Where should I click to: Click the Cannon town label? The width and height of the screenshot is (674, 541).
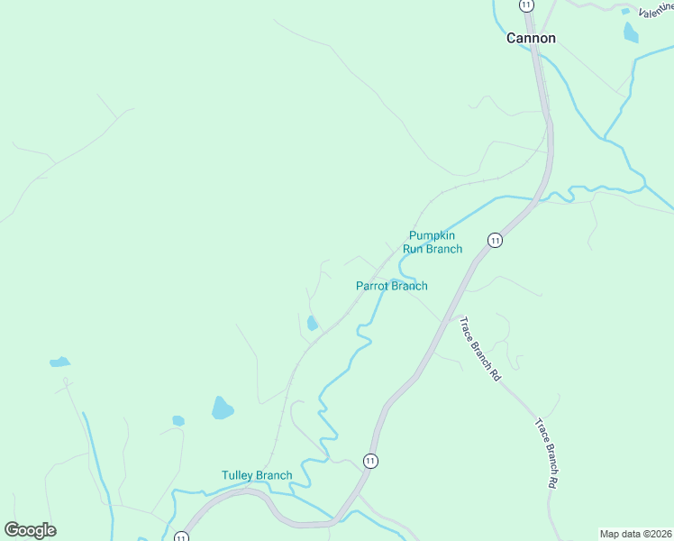(x=531, y=38)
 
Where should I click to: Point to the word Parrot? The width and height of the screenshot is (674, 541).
(x=372, y=286)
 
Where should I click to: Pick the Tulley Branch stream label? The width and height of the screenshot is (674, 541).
(x=257, y=475)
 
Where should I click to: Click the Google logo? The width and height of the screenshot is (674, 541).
(x=30, y=530)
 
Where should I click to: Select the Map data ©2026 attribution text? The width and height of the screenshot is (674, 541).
(x=636, y=534)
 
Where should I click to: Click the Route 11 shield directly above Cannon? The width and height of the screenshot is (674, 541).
(x=525, y=5)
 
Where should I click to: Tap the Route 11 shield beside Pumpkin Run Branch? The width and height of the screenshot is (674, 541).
(x=495, y=240)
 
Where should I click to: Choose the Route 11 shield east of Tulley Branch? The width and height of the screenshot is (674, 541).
(x=370, y=461)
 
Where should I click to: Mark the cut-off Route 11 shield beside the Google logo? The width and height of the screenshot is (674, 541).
(x=181, y=536)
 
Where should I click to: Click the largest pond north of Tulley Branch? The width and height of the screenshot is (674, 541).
(x=222, y=408)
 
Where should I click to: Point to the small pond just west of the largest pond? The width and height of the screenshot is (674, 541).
(x=178, y=420)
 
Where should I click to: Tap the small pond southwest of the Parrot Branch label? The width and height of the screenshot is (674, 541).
(x=312, y=323)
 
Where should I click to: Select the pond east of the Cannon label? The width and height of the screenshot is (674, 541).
(x=630, y=32)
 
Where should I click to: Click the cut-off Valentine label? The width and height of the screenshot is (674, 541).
(x=655, y=11)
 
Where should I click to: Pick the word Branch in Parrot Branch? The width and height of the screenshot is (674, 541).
(x=409, y=286)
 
